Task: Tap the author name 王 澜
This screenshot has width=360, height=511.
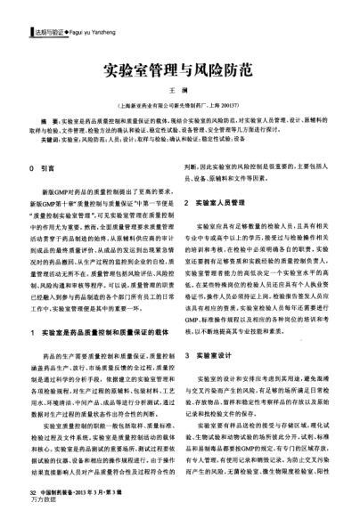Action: (x=179, y=92)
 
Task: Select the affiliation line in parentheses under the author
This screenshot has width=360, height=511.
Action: (x=179, y=104)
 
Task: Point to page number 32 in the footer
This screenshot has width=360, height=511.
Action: (x=32, y=491)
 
